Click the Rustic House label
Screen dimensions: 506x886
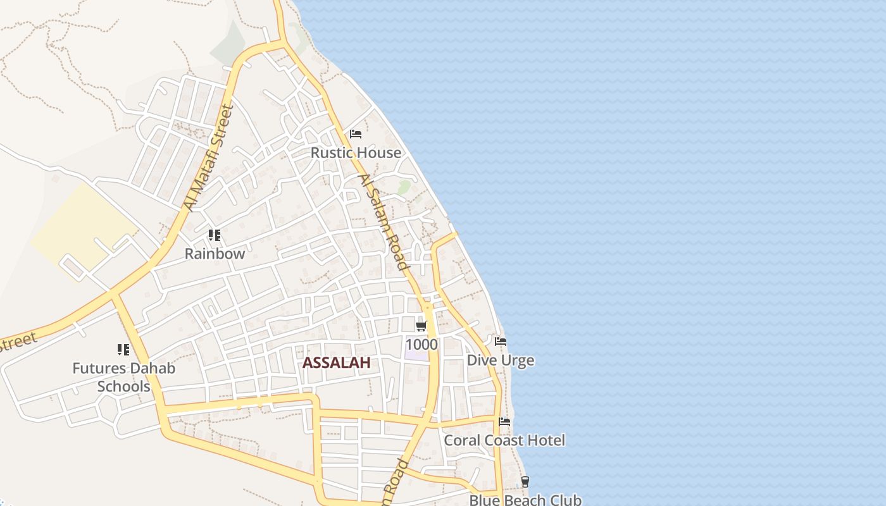(356, 152)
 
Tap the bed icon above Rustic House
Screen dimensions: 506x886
(356, 134)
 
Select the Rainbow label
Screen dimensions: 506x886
(215, 254)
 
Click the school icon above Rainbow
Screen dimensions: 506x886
(215, 235)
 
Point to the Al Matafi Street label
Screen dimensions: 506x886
(209, 158)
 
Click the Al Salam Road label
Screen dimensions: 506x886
(384, 222)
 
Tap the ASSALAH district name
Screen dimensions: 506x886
(336, 362)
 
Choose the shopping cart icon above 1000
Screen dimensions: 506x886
(421, 326)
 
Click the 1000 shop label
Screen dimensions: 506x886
(421, 344)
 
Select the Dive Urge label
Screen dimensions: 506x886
(500, 361)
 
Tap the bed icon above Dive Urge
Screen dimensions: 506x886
(501, 342)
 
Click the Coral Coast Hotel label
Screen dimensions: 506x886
(504, 440)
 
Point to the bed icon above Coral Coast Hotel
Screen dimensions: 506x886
(504, 422)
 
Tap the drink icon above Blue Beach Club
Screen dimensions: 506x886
(525, 482)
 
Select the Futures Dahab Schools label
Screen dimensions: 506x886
(123, 377)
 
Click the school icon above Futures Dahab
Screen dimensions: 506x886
(123, 349)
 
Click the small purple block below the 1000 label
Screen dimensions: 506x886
(416, 355)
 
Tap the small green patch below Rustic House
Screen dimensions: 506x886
(404, 187)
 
